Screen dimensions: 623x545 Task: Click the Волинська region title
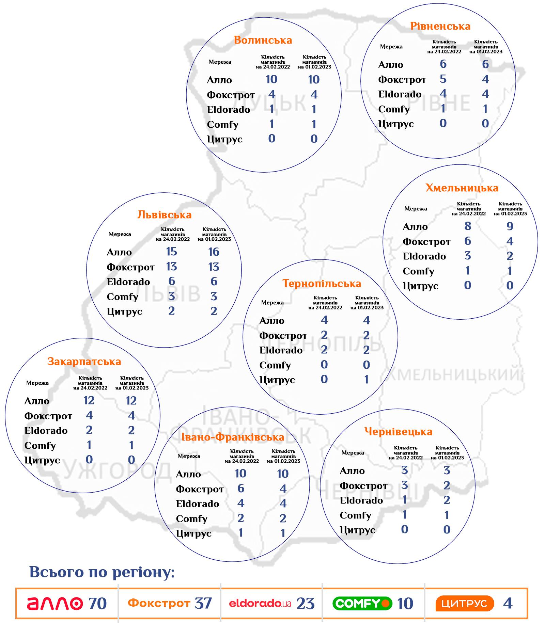pyautogui.click(x=263, y=40)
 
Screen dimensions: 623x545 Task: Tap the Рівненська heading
pyautogui.click(x=440, y=26)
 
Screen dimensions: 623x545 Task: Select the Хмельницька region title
pyautogui.click(x=462, y=188)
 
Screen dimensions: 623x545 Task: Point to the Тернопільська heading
pyautogui.click(x=322, y=284)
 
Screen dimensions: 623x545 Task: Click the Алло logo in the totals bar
pyautogui.click(x=55, y=603)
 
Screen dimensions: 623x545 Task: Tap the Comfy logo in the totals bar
pyautogui.click(x=362, y=603)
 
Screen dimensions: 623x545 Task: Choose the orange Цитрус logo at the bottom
pyautogui.click(x=465, y=603)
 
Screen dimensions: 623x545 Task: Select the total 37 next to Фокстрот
pyautogui.click(x=203, y=603)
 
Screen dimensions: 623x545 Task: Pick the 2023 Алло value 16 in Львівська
pyautogui.click(x=214, y=252)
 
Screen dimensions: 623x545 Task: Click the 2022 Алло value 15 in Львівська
pyautogui.click(x=171, y=252)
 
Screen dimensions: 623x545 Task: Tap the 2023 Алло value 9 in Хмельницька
pyautogui.click(x=510, y=226)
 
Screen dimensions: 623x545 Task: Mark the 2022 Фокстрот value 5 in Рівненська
pyautogui.click(x=443, y=79)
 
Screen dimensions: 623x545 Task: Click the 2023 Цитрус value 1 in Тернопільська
pyautogui.click(x=366, y=380)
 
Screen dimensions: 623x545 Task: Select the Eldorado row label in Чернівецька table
pyautogui.click(x=361, y=500)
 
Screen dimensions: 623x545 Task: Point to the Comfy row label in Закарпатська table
pyautogui.click(x=40, y=446)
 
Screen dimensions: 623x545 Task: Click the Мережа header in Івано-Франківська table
pyautogui.click(x=189, y=456)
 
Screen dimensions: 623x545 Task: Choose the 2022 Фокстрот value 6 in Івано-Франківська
pyautogui.click(x=240, y=489)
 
